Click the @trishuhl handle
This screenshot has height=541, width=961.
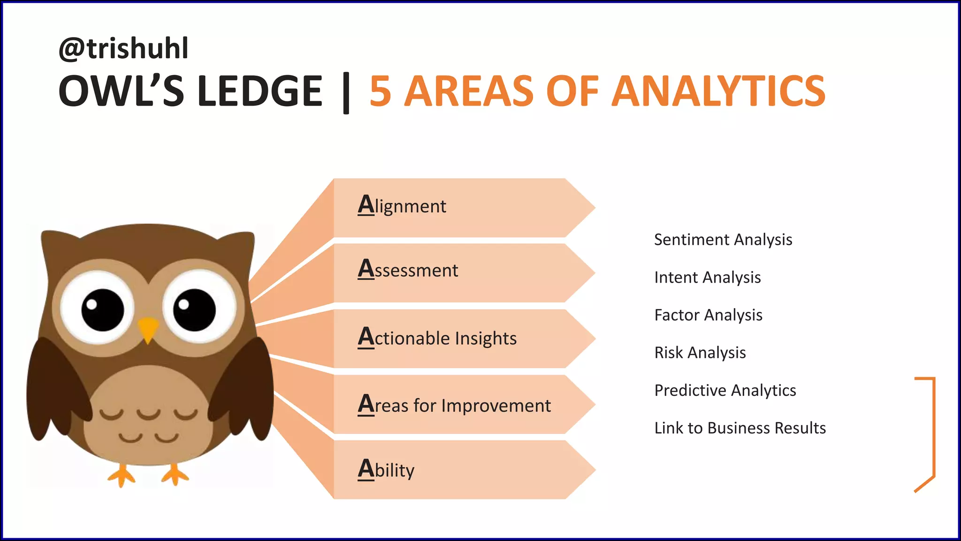[x=123, y=48]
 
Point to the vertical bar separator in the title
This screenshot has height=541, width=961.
[x=346, y=93]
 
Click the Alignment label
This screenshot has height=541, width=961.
[x=402, y=206]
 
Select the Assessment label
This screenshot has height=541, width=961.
[x=408, y=270]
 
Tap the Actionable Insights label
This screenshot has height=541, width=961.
[x=437, y=338]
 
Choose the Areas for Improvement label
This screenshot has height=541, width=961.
[x=454, y=405]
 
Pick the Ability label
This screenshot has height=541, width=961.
[x=386, y=469]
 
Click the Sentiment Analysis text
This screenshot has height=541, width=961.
[x=723, y=240]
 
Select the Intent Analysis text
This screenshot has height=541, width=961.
[x=708, y=278]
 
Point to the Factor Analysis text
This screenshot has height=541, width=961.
[x=709, y=315]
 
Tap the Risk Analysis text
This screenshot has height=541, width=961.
[x=700, y=353]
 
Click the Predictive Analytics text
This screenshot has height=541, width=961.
[x=725, y=390]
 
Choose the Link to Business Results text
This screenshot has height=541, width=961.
[x=740, y=428]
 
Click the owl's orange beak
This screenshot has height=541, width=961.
[x=148, y=329]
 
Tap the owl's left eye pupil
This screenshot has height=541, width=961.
[x=102, y=310]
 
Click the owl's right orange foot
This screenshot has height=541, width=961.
[x=175, y=475]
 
